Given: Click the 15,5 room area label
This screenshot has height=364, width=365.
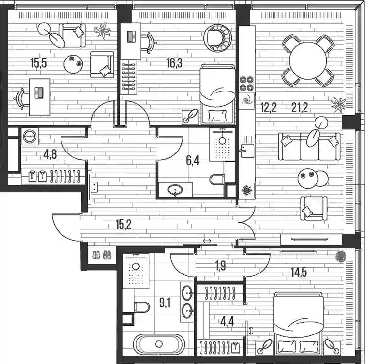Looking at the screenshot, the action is point(39,63).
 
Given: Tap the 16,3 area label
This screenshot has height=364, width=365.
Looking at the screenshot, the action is point(174,63).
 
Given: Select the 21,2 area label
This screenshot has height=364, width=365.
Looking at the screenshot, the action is point(300,108).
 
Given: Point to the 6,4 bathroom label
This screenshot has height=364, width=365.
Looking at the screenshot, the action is point(193,160).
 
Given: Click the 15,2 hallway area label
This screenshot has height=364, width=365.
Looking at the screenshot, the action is point(123,225).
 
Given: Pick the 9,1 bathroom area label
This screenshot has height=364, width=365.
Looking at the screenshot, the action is point(165,303).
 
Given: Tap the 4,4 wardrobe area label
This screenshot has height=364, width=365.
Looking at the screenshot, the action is point(227,322).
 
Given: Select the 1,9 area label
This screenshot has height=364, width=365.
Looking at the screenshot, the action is point(220,266).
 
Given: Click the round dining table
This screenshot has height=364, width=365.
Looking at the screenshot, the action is point(308,61).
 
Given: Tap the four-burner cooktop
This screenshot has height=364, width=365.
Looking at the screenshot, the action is point(247,83).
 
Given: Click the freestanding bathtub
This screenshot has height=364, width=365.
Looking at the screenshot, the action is point(159,345).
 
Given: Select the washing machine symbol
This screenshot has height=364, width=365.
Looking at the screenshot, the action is point(30,136).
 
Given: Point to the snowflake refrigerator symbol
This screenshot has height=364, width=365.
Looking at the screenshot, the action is point(247,191).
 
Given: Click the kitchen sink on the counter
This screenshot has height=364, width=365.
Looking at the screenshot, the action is point(247,151).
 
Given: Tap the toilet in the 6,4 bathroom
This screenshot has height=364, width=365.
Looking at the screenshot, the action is point(217,180).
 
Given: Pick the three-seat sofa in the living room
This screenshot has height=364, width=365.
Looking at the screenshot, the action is point(309,147).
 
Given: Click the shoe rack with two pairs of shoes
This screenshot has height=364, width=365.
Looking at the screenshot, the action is point(102,255).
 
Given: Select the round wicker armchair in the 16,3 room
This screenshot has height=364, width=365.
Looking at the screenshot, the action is point(217,38).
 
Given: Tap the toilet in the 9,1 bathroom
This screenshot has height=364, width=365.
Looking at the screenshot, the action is point(142,307).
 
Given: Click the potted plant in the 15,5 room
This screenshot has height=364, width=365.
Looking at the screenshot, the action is point(102,30).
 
